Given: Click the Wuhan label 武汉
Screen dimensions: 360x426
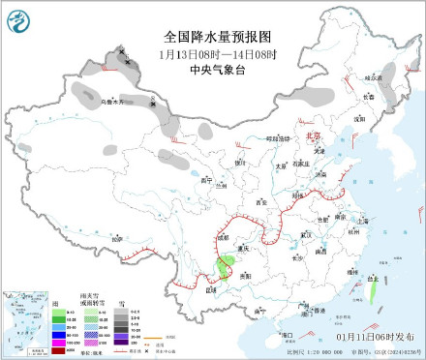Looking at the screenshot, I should tap(308, 233).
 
